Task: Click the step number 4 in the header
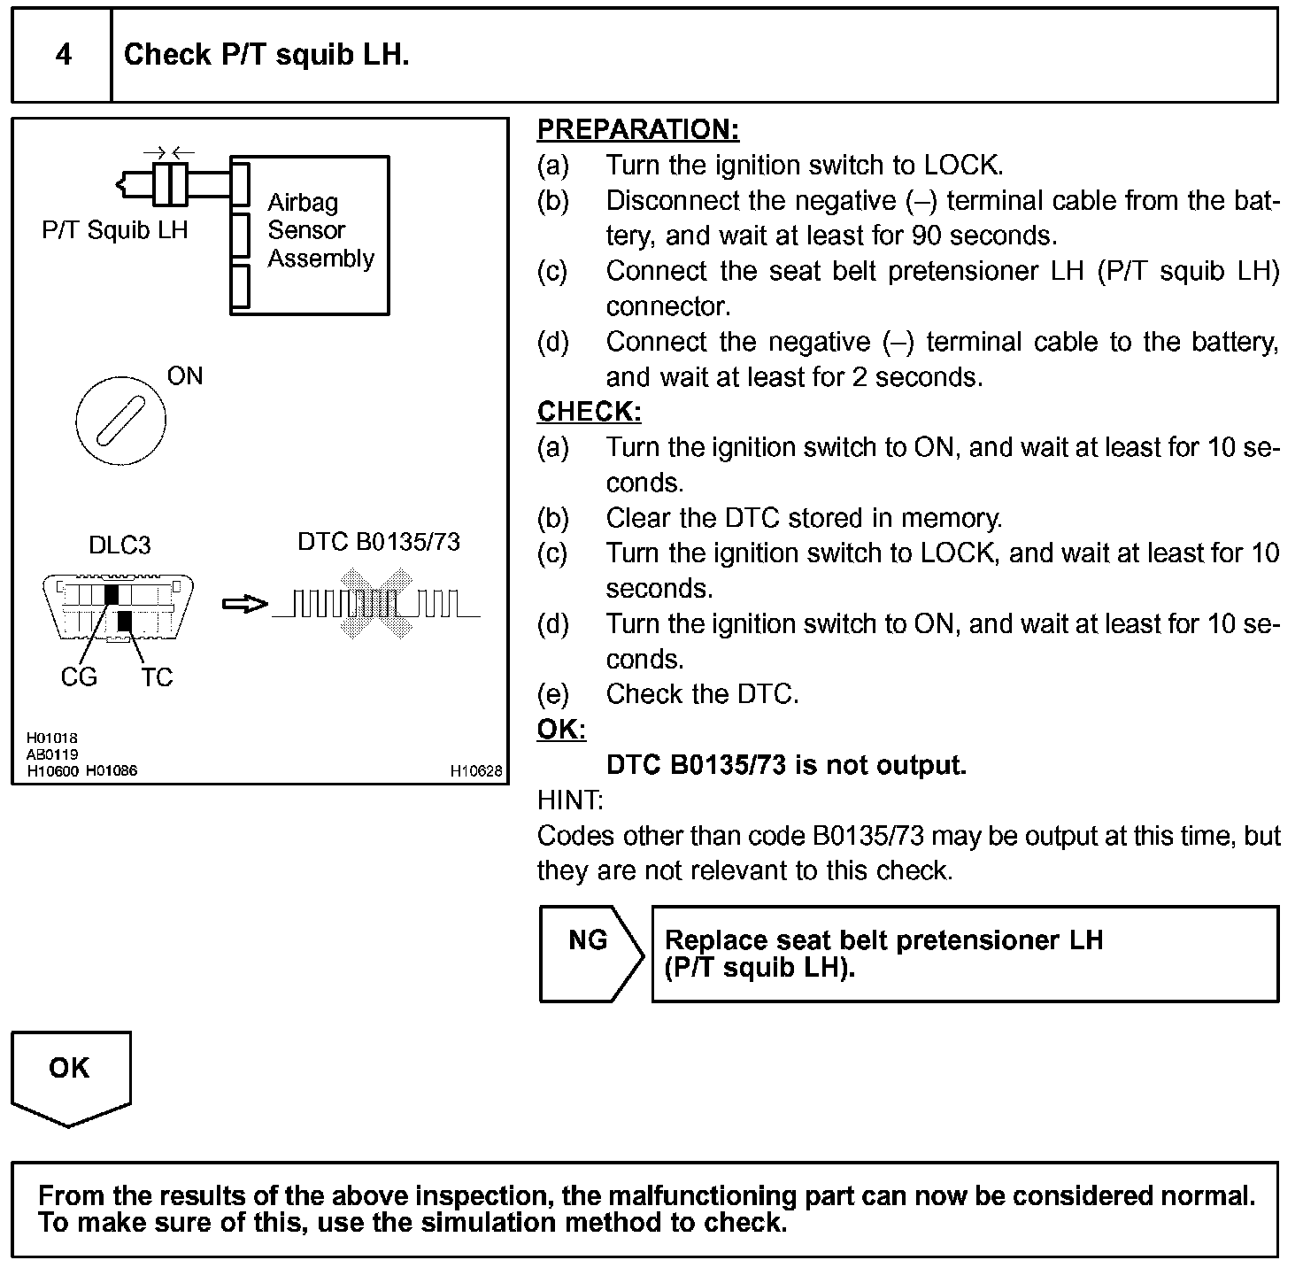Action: pos(64,55)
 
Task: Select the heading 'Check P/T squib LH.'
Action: pos(266,55)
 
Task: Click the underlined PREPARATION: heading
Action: pos(637,129)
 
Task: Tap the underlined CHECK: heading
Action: pos(589,412)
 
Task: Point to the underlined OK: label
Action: pos(561,730)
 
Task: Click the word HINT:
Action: pos(570,800)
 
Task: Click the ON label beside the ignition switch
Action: pos(185,376)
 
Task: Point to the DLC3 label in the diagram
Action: pos(120,545)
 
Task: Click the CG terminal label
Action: pos(79,677)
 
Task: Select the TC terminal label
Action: pos(157,677)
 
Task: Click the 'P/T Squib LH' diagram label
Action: pos(115,230)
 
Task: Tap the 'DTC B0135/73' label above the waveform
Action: pos(379,542)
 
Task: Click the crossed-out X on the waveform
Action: pos(377,605)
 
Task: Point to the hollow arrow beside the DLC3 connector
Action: pos(243,604)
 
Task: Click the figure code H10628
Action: pos(476,771)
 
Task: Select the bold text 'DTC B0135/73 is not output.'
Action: pos(786,765)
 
